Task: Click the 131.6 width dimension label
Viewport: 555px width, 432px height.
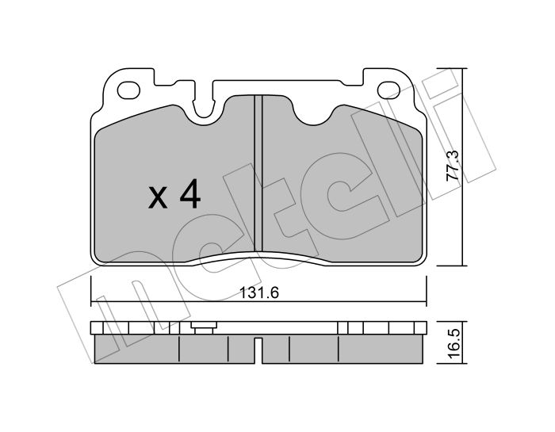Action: pyautogui.click(x=259, y=292)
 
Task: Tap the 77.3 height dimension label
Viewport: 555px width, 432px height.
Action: pyautogui.click(x=453, y=166)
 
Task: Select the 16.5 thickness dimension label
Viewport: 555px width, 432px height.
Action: pyautogui.click(x=453, y=343)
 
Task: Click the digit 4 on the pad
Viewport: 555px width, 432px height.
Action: pyautogui.click(x=190, y=193)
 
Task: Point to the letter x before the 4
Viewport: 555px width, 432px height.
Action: pyautogui.click(x=158, y=198)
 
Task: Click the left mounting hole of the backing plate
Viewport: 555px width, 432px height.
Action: pyautogui.click(x=128, y=90)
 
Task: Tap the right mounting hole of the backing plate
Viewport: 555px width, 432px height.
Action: pyautogui.click(x=388, y=90)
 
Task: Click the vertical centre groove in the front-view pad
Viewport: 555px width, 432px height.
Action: pyautogui.click(x=258, y=174)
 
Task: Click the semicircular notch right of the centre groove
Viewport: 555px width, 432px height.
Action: pyautogui.click(x=313, y=115)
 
